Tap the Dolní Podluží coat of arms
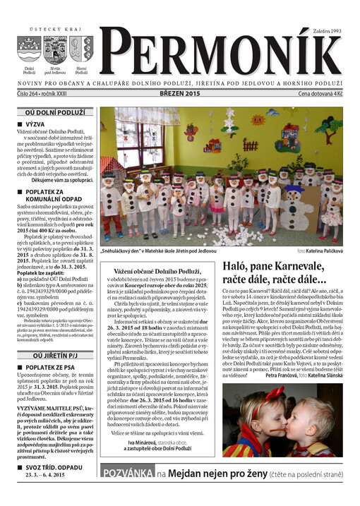29,51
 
